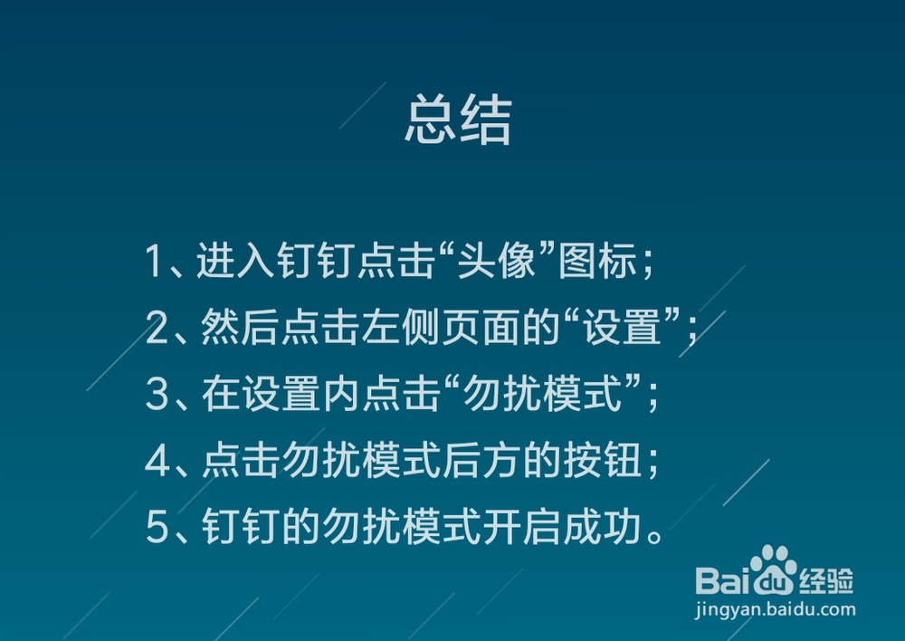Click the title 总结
pyautogui.click(x=458, y=120)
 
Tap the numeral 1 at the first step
pyautogui.click(x=154, y=262)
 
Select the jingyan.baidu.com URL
pyautogui.click(x=775, y=609)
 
